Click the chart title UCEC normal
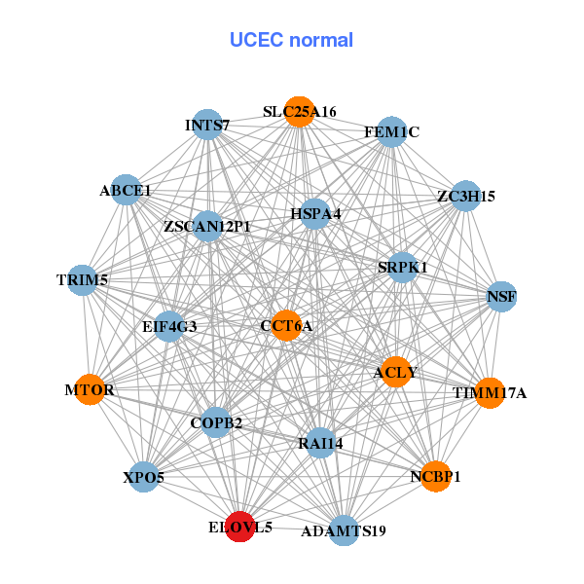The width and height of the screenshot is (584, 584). tap(291, 40)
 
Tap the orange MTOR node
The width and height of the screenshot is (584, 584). tap(90, 389)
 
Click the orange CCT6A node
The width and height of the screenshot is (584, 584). tap(286, 325)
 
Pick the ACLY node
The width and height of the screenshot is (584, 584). tap(394, 371)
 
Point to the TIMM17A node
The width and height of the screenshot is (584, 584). tap(490, 392)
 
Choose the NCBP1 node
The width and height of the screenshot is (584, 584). tap(436, 476)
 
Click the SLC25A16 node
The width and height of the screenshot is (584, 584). tap(300, 112)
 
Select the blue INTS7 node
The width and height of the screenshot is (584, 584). tap(207, 125)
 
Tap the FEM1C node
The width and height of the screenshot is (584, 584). tap(391, 131)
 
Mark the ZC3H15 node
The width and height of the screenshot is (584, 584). tap(466, 196)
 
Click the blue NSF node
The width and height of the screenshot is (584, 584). tap(501, 296)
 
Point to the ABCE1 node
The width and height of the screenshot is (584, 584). tap(126, 191)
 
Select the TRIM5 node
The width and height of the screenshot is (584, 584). tap(83, 280)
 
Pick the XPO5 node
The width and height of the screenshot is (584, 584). tap(144, 477)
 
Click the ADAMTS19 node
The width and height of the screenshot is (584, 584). tap(343, 530)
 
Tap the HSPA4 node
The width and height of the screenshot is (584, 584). tap(314, 213)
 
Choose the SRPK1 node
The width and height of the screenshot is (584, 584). tap(403, 267)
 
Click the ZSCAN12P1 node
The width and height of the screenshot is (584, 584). tap(207, 227)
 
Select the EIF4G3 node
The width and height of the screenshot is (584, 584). tap(169, 326)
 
